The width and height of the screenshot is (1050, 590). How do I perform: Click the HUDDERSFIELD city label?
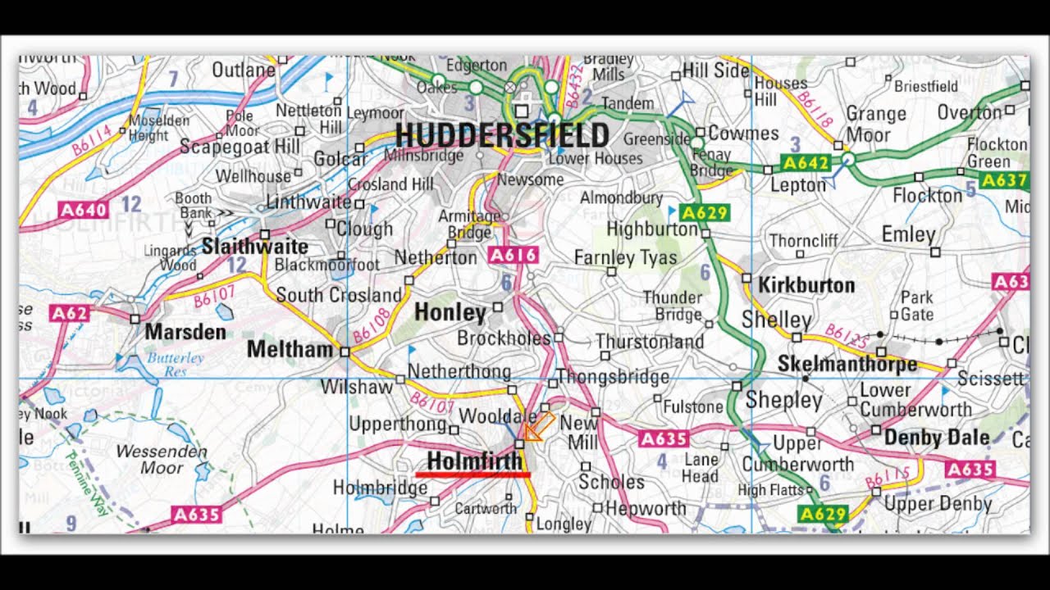502,135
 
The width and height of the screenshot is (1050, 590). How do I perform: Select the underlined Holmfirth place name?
474,461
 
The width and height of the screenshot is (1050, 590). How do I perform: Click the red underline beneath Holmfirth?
472,474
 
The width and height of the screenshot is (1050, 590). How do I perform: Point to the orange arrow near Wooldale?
537,427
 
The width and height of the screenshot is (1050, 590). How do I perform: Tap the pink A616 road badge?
514,256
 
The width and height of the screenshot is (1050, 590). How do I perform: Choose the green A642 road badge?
806,163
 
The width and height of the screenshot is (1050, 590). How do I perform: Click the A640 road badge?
84,210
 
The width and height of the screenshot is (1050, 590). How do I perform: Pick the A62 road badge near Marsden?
68,312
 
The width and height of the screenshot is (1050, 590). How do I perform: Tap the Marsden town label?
185,332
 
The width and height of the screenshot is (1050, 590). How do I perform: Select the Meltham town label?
290,350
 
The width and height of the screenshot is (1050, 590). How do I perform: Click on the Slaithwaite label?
255,246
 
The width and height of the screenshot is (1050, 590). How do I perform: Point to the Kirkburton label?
806,285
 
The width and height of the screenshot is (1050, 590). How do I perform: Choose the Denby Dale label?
937,438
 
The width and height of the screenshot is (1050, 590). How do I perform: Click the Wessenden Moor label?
149,460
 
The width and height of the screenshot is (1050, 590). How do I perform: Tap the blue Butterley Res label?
176,364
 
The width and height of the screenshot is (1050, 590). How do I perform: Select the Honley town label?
450,312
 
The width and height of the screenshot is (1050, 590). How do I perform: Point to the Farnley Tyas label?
626,258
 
